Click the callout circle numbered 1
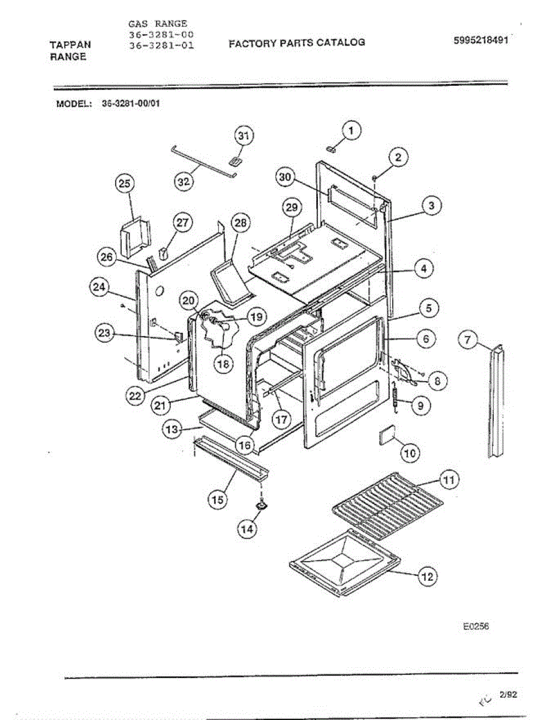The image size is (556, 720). [x=351, y=129]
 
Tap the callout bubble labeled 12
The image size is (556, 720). [x=427, y=577]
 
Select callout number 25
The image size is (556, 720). [x=125, y=184]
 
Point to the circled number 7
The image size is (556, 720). [x=468, y=341]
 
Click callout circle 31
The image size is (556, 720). [x=242, y=136]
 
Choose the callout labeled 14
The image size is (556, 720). [x=247, y=529]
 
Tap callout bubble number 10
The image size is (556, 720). [x=410, y=453]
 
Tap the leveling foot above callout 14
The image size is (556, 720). [x=262, y=506]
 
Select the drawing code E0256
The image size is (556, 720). [x=476, y=626]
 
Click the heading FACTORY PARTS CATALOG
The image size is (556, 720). [x=297, y=43]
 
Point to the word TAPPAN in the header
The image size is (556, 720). [x=70, y=45]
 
